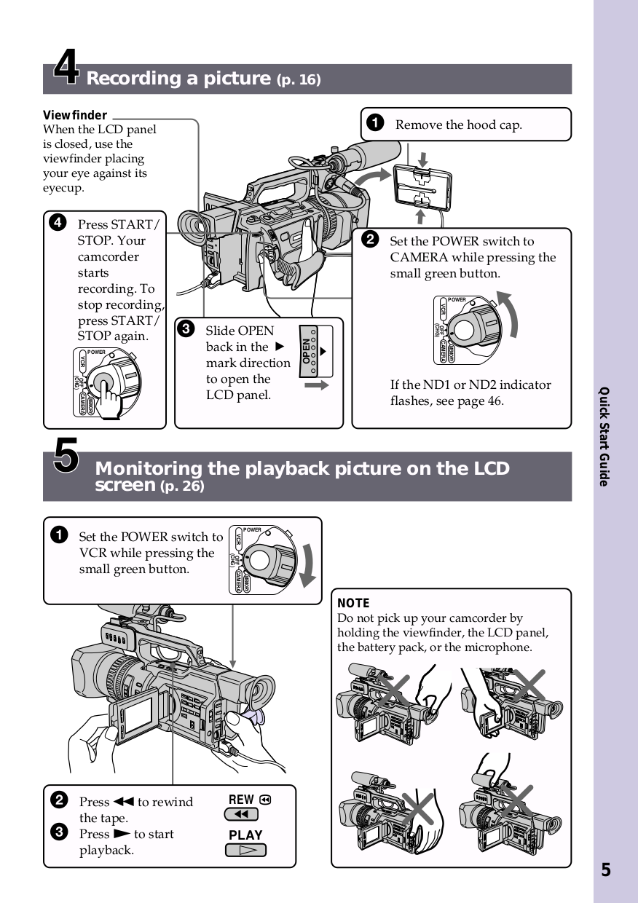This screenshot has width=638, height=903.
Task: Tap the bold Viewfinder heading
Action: [x=75, y=115]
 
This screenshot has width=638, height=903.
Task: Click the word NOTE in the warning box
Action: [x=353, y=603]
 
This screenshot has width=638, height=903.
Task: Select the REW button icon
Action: [x=242, y=814]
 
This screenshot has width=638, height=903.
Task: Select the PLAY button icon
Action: [x=245, y=850]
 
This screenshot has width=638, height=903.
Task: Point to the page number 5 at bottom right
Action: [x=606, y=870]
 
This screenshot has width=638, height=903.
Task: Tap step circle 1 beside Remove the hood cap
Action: [x=375, y=124]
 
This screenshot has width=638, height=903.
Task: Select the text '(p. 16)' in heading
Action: [x=299, y=79]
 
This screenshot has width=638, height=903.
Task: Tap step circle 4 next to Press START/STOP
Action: [x=58, y=224]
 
